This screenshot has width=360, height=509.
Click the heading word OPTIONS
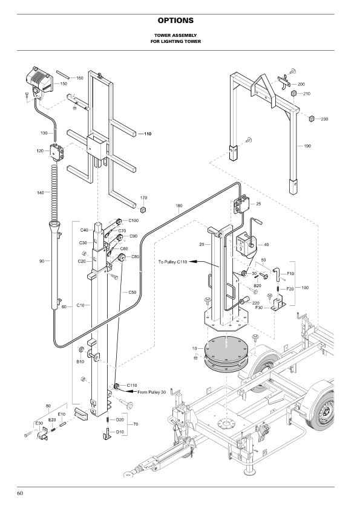click(175, 21)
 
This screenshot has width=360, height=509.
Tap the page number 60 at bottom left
click(20, 493)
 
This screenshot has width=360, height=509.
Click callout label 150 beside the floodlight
click(64, 84)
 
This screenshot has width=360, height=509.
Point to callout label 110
click(148, 134)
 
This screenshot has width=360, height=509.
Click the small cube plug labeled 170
click(143, 209)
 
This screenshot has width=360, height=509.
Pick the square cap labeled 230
click(312, 118)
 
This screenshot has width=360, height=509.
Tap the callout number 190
click(307, 146)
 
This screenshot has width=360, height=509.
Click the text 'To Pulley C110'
click(173, 262)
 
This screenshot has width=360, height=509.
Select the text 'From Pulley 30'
click(152, 392)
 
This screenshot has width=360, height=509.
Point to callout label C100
click(133, 221)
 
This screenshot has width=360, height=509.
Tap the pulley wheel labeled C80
click(122, 258)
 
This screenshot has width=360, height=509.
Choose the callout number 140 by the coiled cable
click(41, 193)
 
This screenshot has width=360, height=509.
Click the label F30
click(259, 308)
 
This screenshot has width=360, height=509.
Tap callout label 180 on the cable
click(179, 206)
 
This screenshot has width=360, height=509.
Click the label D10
click(120, 432)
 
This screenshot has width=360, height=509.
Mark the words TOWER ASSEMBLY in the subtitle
click(175, 36)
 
